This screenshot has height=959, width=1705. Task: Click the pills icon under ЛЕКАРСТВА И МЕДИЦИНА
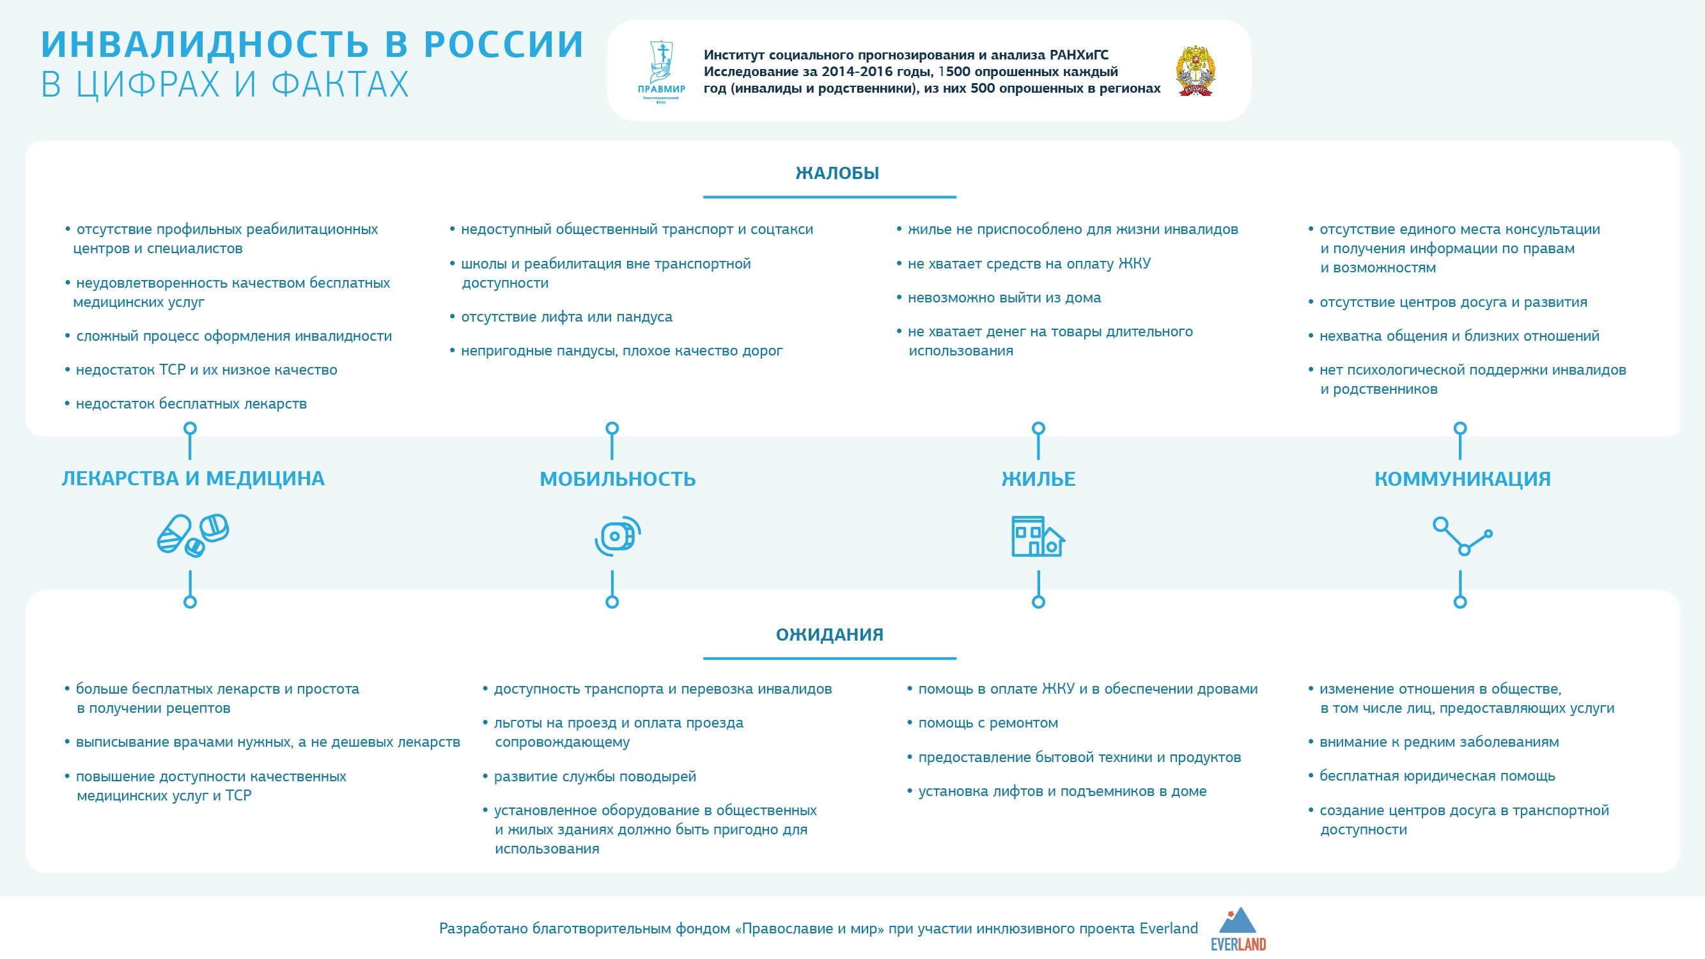coord(192,534)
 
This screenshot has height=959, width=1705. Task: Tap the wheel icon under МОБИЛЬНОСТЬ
coord(618,535)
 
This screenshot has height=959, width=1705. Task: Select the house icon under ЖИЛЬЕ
coord(1038,536)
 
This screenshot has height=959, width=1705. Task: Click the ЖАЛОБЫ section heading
coord(837,173)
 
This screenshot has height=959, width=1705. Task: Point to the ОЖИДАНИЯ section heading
coord(829,635)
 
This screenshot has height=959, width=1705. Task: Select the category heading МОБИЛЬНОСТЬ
coord(618,478)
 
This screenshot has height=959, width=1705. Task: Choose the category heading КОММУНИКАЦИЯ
coord(1462,478)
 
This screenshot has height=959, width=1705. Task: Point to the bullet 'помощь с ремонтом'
coord(988,722)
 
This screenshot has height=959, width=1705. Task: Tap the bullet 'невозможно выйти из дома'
coord(1004,298)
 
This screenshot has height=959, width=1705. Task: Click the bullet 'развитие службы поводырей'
coord(595,776)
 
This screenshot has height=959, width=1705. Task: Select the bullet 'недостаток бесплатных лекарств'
coord(191,403)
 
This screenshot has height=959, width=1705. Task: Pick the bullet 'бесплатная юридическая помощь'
coord(1437,776)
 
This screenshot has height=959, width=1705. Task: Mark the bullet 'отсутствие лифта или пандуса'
coord(566,317)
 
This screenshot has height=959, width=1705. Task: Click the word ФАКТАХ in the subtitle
coord(340,85)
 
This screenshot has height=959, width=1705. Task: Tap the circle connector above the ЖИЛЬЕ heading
coord(1038,429)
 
